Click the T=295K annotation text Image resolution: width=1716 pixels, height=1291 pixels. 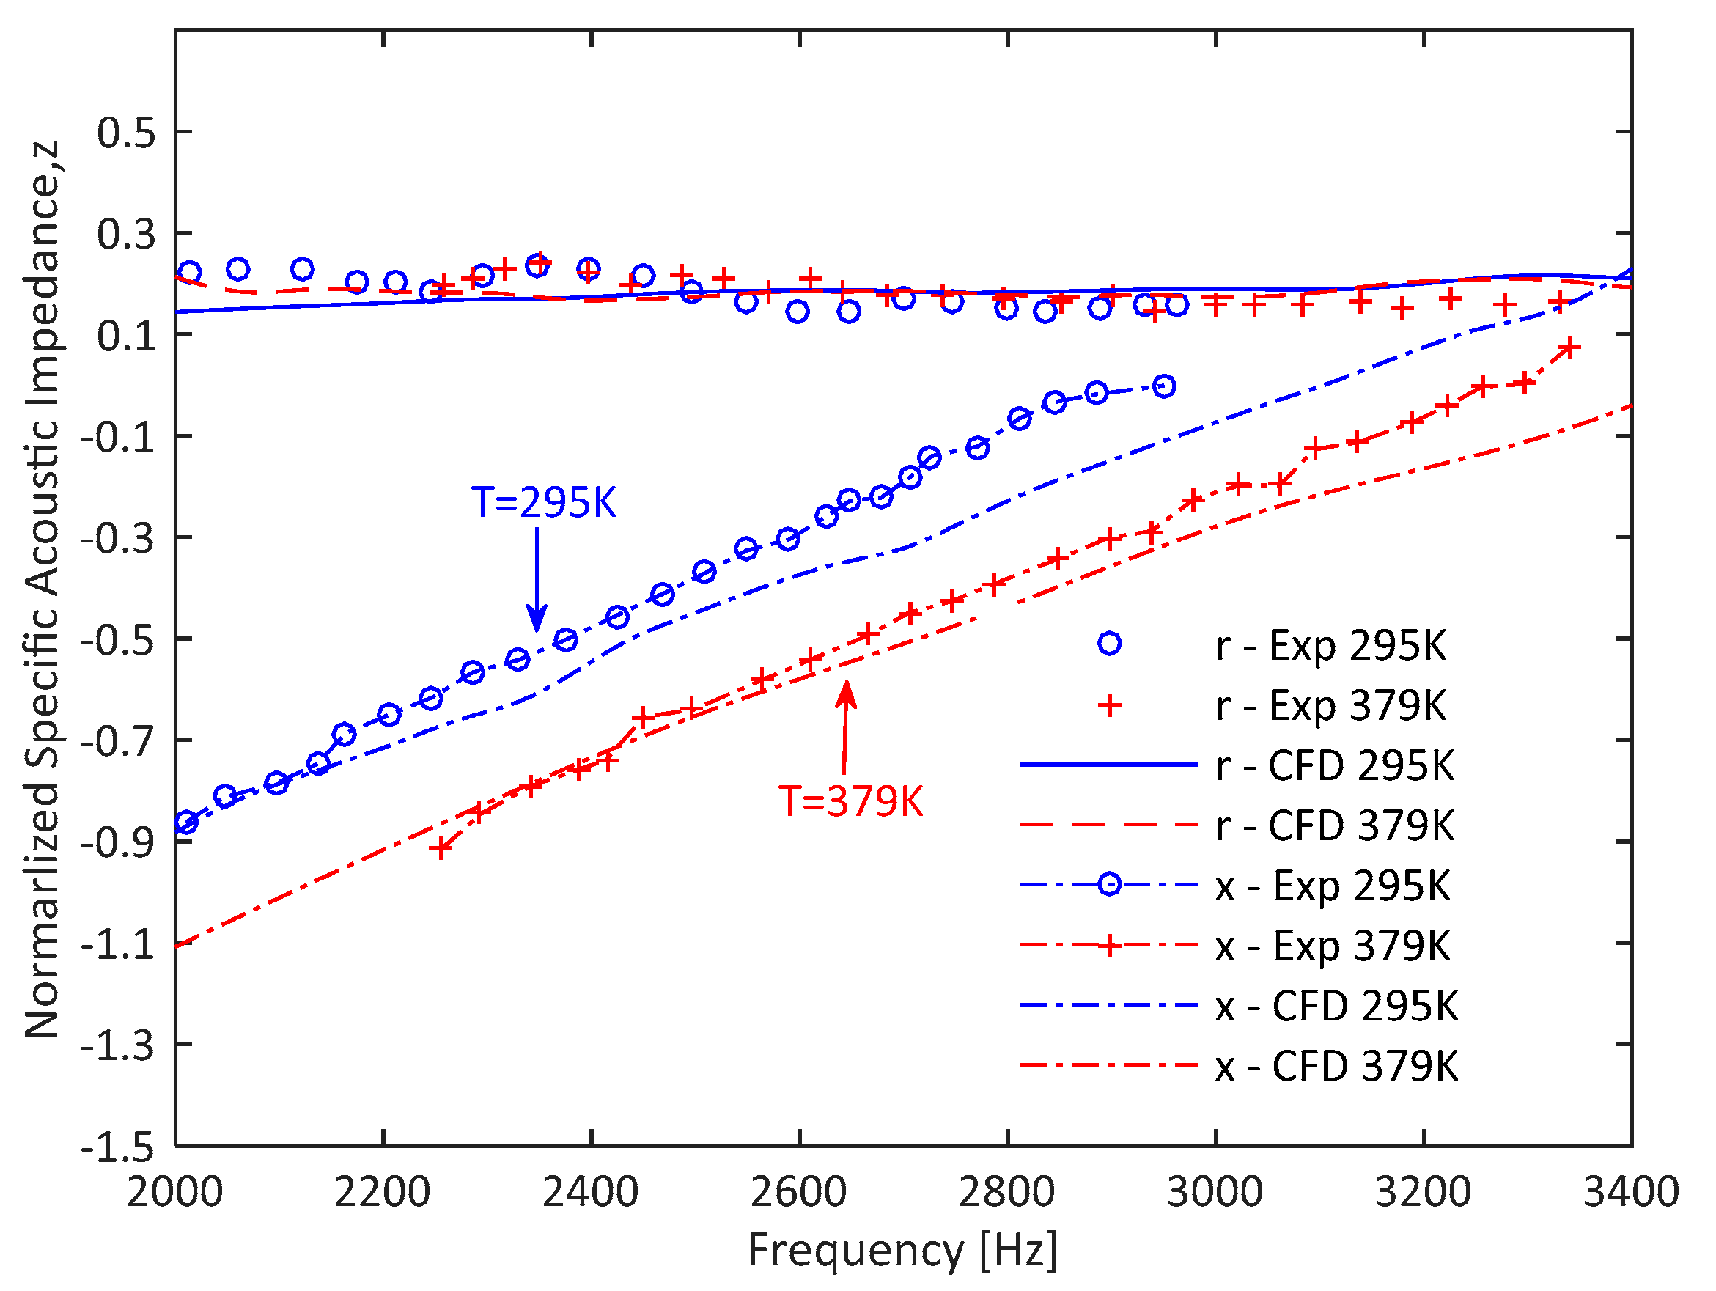pyautogui.click(x=543, y=503)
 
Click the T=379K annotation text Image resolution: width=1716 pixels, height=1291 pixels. pyautogui.click(x=851, y=801)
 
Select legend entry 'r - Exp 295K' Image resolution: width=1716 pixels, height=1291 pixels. pyautogui.click(x=1330, y=644)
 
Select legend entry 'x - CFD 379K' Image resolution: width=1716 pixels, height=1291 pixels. pyautogui.click(x=1336, y=1066)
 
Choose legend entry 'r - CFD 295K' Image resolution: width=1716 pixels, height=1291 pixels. pyautogui.click(x=1333, y=765)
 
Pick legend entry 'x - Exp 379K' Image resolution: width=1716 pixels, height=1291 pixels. pyautogui.click(x=1332, y=946)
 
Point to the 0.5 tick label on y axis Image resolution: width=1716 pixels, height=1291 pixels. pyautogui.click(x=125, y=133)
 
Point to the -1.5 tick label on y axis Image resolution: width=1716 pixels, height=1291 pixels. pyautogui.click(x=118, y=1147)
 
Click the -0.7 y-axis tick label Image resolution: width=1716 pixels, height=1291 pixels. pyautogui.click(x=118, y=742)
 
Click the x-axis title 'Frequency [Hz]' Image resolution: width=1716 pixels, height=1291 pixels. pyautogui.click(x=902, y=1251)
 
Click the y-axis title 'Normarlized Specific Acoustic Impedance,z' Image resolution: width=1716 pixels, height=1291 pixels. pyautogui.click(x=42, y=589)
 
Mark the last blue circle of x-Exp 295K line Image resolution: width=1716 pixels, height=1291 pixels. pyautogui.click(x=1163, y=386)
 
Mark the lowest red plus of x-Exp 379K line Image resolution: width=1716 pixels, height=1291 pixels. pyautogui.click(x=441, y=849)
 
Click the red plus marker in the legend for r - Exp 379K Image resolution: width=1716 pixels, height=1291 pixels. pyautogui.click(x=1109, y=705)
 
